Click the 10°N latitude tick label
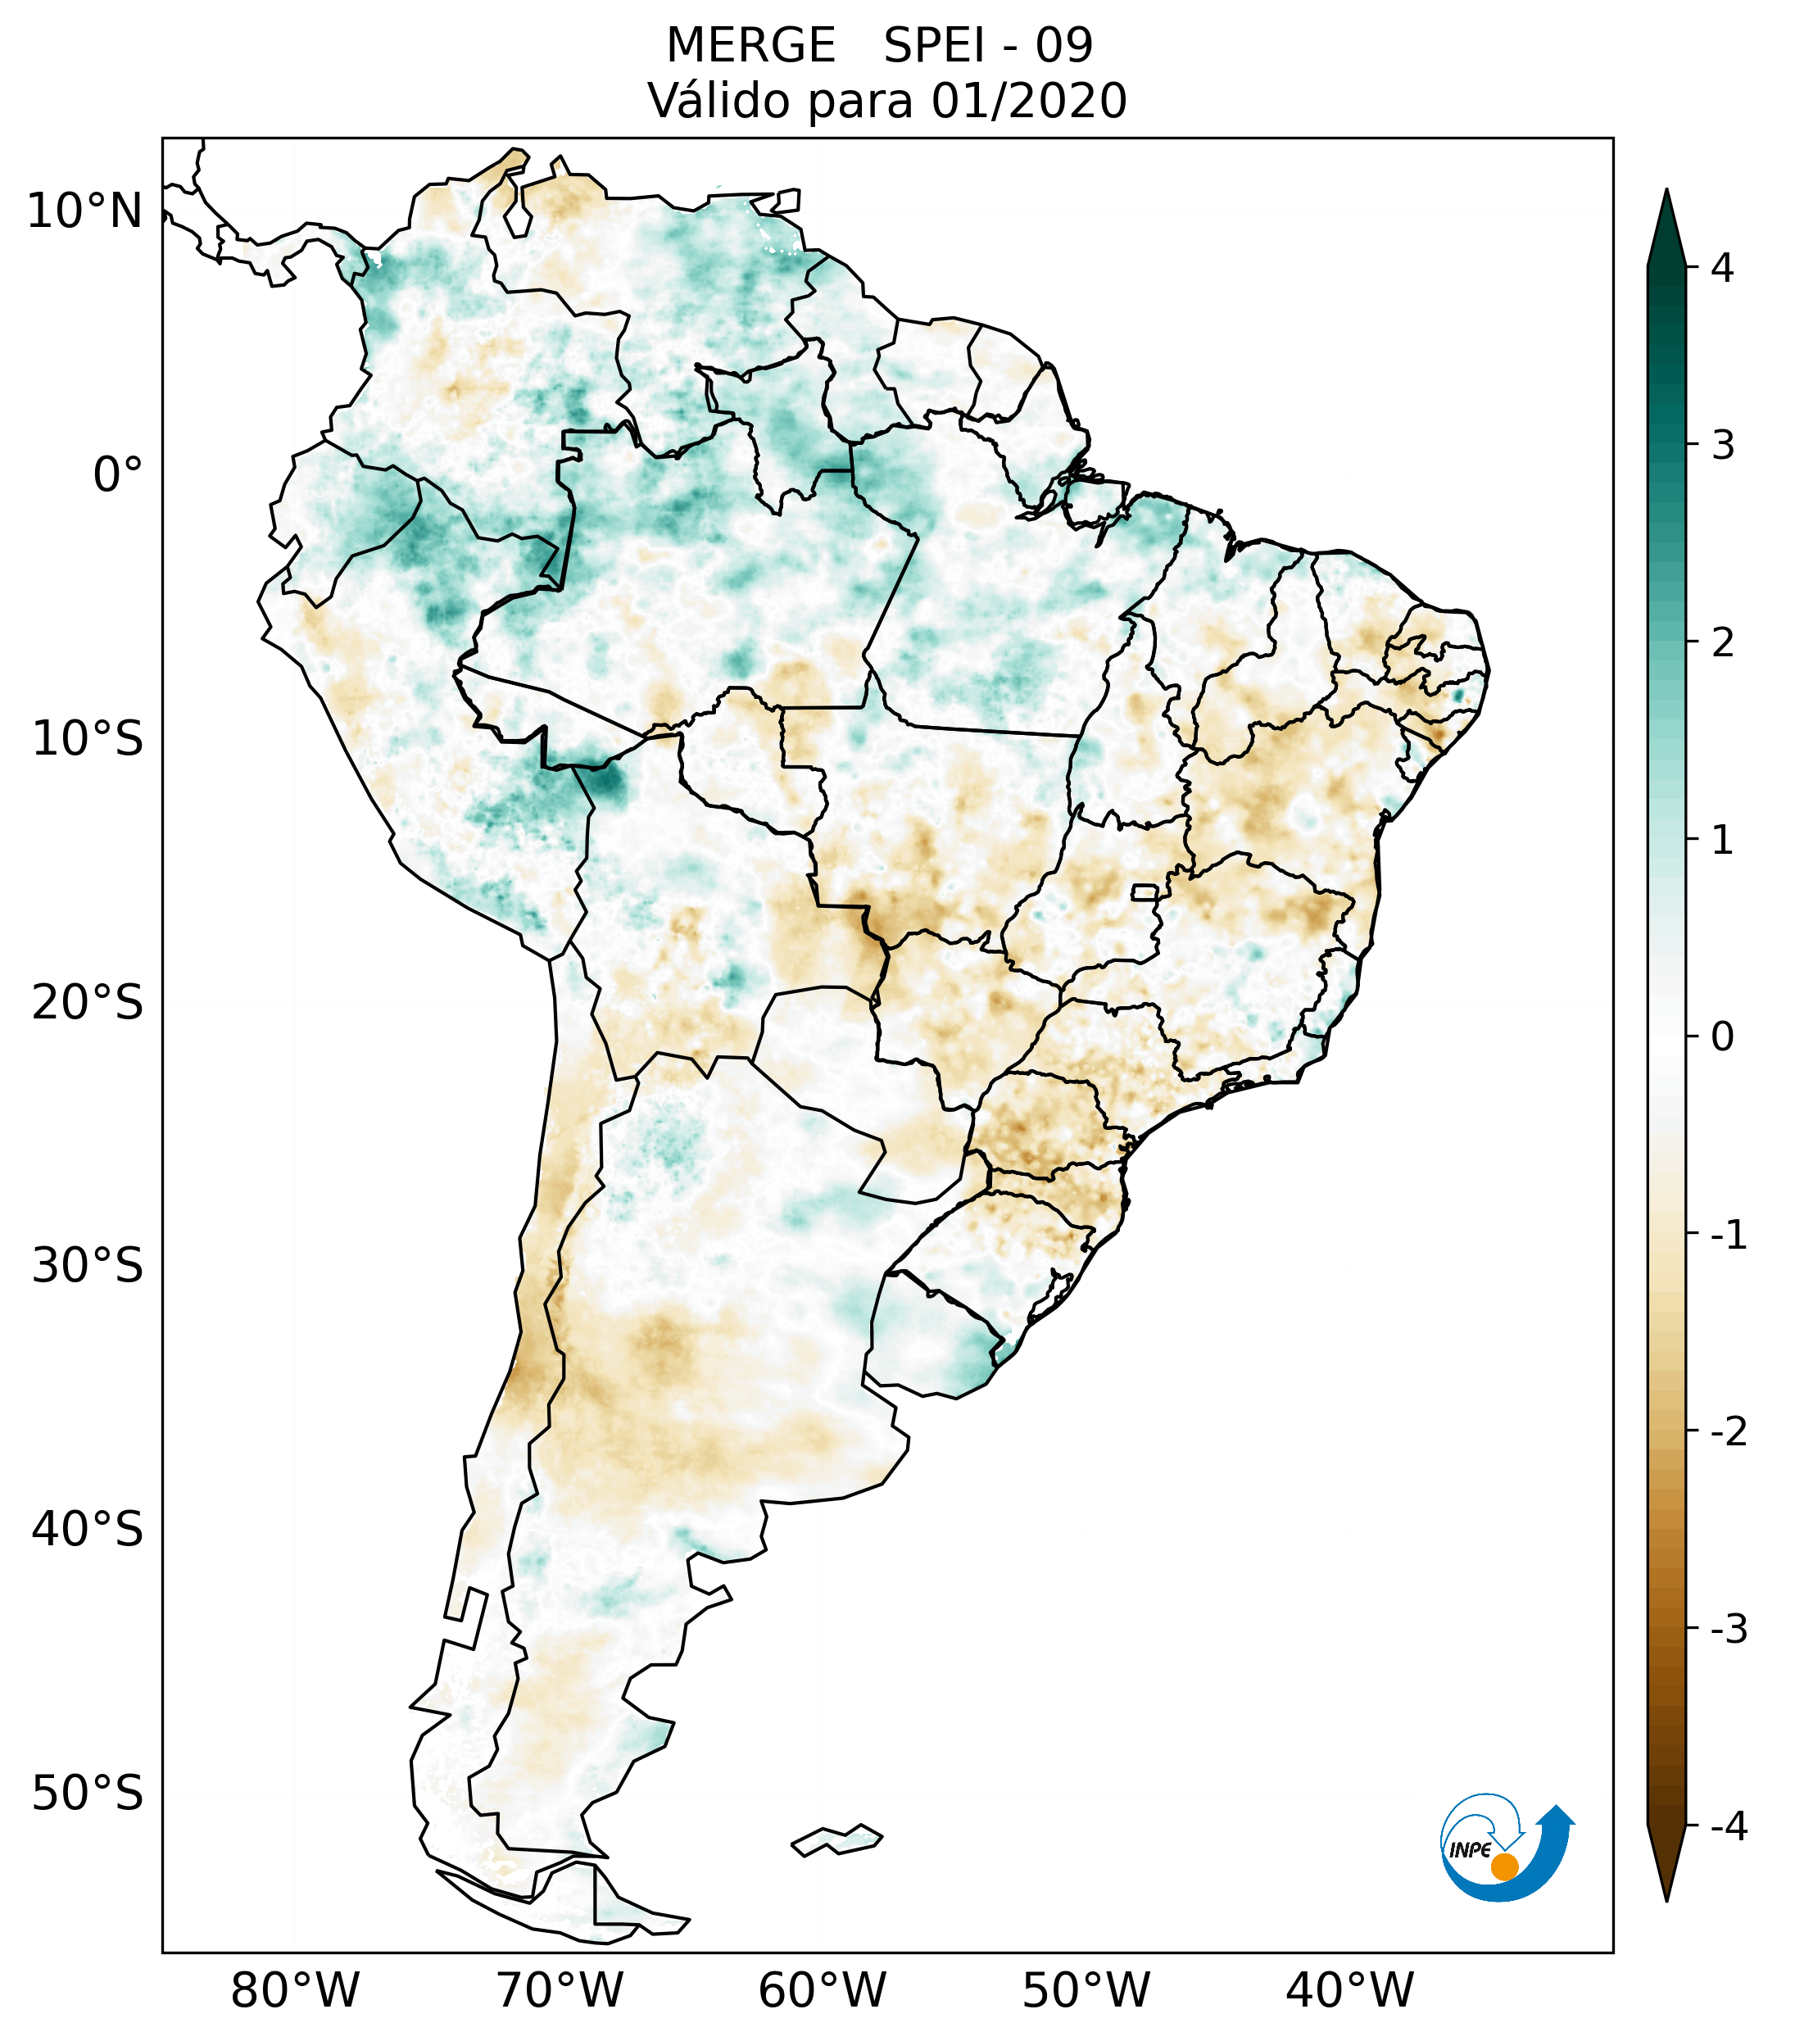coord(85,211)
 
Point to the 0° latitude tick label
coord(118,475)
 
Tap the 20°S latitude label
coord(88,1001)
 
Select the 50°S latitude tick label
coord(88,1794)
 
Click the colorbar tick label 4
coord(1722,268)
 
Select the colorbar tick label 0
coord(1722,1037)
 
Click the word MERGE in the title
coord(750,46)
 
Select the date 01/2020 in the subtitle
coord(1028,101)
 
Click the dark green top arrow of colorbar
coord(1666,229)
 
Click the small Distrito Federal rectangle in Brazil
coord(1145,891)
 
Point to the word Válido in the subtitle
coord(718,101)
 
